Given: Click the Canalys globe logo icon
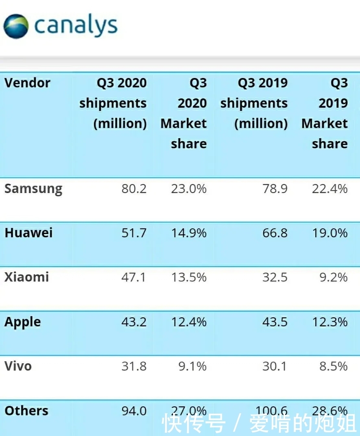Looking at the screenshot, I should tap(16, 26).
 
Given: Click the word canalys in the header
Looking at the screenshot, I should tap(76, 26).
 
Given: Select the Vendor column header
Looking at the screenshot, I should tap(27, 83).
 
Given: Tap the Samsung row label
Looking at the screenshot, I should tap(33, 189).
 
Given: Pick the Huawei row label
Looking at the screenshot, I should tap(28, 233).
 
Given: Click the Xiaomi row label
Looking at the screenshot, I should tap(26, 277).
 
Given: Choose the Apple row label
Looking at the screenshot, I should tap(23, 322).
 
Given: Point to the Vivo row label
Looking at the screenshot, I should tap(18, 366).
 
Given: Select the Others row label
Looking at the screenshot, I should tap(26, 410).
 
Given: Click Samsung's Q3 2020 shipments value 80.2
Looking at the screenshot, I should tap(134, 189).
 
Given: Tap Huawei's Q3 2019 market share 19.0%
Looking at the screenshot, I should tap(329, 233).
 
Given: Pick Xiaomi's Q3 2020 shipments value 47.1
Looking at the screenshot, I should tap(134, 277).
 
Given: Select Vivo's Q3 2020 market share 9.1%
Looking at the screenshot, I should tap(193, 366).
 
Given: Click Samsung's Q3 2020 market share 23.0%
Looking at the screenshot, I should tap(188, 189).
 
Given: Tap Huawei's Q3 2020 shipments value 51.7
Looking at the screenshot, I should tap(134, 233).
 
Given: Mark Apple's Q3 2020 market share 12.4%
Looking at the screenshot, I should tap(188, 322).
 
